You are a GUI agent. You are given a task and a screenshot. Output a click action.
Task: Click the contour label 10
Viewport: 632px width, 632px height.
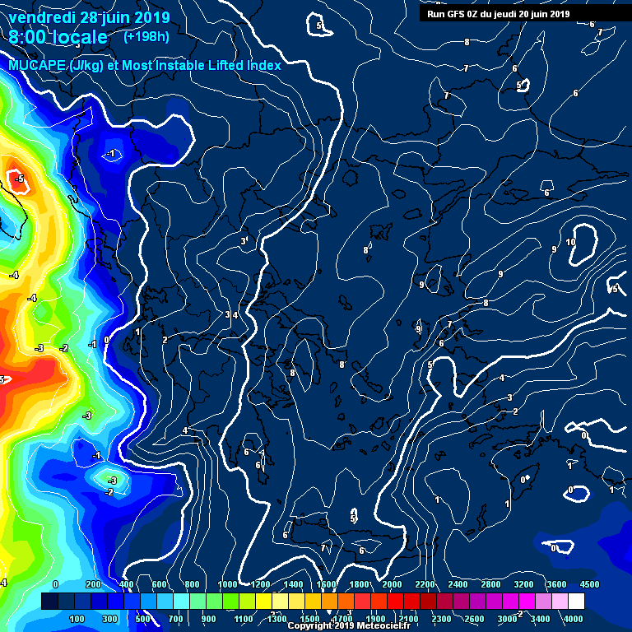[570, 242]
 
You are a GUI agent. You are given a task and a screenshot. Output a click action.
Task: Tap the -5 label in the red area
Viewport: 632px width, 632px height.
[19, 179]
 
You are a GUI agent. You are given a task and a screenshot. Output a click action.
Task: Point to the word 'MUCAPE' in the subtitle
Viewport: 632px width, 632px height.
[37, 65]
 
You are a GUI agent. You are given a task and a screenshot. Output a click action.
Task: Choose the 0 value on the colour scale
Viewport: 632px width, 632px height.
[55, 584]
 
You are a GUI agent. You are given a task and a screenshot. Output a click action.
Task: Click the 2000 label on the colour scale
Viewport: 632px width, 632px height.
[393, 584]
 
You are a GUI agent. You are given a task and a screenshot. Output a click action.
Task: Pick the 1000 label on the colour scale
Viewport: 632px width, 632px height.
[227, 584]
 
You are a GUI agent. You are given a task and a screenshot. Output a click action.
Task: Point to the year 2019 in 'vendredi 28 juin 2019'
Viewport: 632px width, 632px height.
[153, 17]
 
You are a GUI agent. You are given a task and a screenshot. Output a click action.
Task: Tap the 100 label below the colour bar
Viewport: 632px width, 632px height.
[77, 619]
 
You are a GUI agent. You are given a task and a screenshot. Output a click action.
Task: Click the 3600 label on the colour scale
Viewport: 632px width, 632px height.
[557, 584]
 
